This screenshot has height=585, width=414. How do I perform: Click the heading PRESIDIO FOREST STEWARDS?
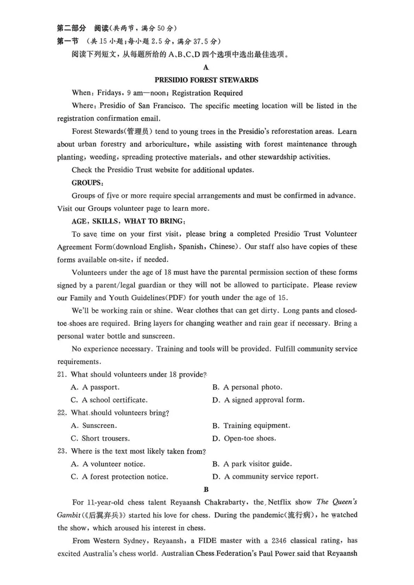(206, 80)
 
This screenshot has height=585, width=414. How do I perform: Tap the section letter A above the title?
(206, 68)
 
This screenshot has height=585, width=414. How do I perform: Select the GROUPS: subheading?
(88, 183)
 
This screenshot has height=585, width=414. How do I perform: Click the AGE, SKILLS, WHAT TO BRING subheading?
(129, 221)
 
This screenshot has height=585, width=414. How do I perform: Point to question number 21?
(62, 375)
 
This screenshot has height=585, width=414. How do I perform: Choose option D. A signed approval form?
(258, 400)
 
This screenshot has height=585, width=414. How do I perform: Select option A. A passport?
(95, 387)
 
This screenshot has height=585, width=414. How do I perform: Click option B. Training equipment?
(251, 426)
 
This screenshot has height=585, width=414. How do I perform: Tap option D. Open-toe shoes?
(244, 438)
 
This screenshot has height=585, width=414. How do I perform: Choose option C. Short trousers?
(100, 438)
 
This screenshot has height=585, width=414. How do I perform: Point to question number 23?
(62, 451)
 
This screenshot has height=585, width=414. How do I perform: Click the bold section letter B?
(206, 490)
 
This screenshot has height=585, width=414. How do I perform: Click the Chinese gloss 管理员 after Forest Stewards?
(139, 132)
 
